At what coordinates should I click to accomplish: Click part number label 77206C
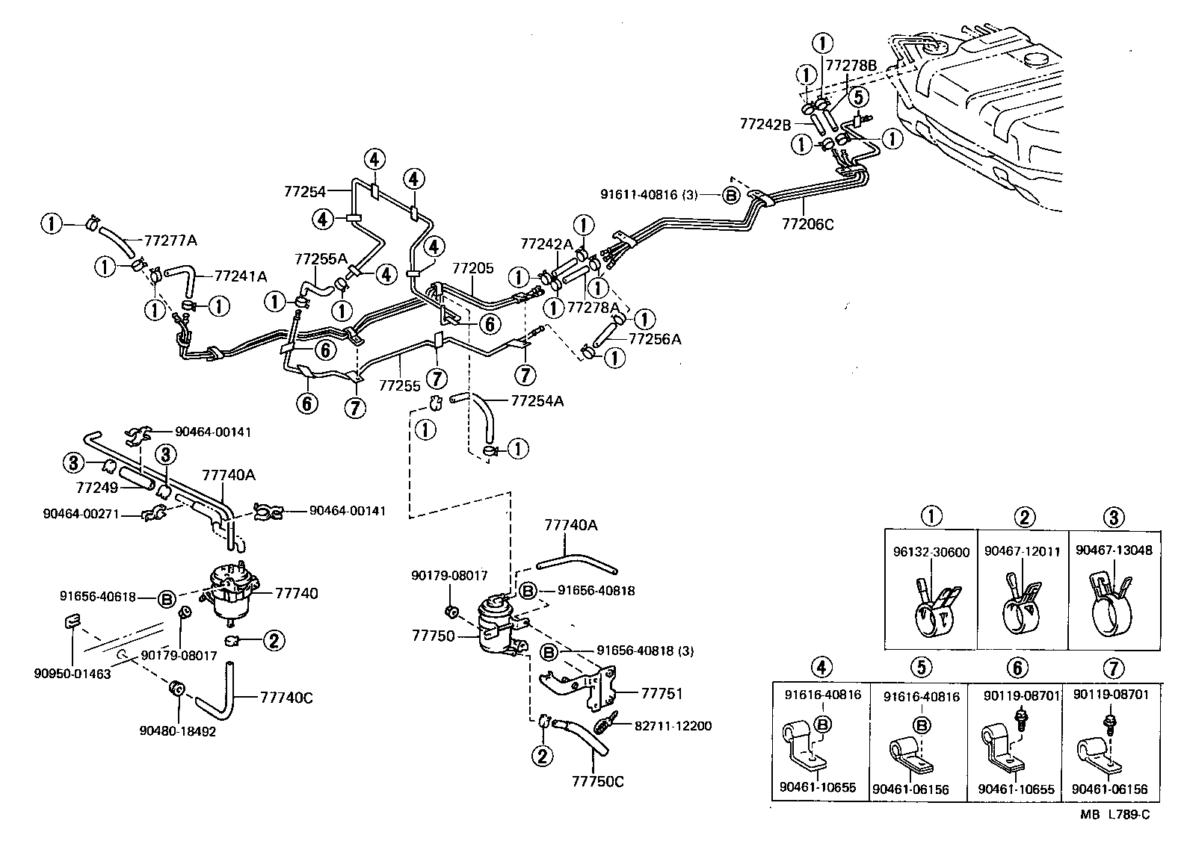808,223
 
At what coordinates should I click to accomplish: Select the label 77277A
170,240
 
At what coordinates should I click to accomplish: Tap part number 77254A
537,401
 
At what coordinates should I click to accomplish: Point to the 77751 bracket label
662,692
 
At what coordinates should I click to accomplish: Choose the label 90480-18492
177,731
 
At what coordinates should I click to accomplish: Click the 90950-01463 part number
72,673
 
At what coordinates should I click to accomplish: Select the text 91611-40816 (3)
649,195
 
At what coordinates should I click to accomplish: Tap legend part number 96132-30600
931,552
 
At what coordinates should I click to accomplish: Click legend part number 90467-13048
1114,550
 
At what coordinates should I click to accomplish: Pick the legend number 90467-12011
1022,551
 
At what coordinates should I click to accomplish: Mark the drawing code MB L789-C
1114,814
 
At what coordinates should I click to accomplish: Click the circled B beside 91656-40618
167,598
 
